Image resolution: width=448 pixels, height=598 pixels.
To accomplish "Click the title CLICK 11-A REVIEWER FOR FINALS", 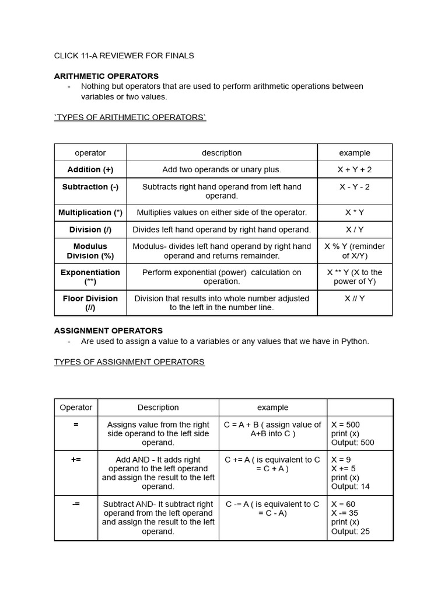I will tap(124, 55).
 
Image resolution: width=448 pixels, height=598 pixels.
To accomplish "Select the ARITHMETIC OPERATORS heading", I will tap(106, 76).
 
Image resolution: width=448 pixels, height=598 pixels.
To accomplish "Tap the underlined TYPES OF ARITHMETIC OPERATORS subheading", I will tap(130, 117).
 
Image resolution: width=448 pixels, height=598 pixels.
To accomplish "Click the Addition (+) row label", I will tap(90, 169).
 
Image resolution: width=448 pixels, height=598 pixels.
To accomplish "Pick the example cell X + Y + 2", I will tap(355, 169).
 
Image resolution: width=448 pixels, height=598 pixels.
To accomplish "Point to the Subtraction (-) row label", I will tap(90, 187).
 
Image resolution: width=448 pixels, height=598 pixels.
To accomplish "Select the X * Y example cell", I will tap(355, 213).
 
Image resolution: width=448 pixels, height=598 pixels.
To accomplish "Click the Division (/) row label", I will tap(90, 230).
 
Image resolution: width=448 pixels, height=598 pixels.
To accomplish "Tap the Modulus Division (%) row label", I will tap(90, 251).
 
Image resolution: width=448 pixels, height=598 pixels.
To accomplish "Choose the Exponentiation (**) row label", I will tap(90, 277).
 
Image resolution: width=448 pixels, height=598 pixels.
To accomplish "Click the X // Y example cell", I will tap(355, 298).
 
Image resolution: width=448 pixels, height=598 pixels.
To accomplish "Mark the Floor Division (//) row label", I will tap(90, 303).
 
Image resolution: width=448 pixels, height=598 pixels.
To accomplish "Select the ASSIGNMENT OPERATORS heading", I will tap(108, 331).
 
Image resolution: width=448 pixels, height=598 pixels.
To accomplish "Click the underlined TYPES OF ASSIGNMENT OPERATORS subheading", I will tap(129, 362).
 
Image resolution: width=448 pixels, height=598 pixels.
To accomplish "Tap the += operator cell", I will tap(76, 460).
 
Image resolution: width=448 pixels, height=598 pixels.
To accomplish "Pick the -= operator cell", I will tap(76, 504).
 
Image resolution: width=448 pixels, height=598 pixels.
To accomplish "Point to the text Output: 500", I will tap(352, 443).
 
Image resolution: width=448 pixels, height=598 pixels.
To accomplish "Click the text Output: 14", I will tap(350, 486).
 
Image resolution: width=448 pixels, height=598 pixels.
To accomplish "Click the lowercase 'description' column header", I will tap(222, 153).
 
